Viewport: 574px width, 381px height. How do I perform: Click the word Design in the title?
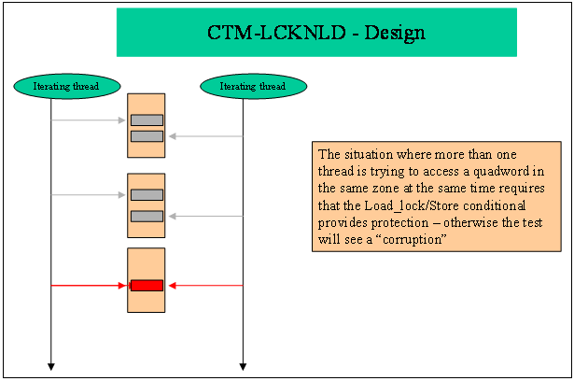pyautogui.click(x=395, y=34)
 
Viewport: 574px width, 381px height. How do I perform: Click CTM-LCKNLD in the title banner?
pyautogui.click(x=276, y=33)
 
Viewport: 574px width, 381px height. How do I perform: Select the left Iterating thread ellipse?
pyautogui.click(x=67, y=86)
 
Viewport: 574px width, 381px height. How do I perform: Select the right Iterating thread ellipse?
pyautogui.click(x=253, y=86)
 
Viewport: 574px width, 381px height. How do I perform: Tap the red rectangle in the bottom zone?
pyautogui.click(x=147, y=286)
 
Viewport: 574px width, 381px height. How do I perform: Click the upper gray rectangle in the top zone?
pyautogui.click(x=147, y=120)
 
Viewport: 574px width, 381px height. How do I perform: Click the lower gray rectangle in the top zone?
pyautogui.click(x=147, y=136)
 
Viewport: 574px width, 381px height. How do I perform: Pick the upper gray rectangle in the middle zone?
pyautogui.click(x=147, y=195)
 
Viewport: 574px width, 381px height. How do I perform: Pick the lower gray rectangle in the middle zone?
pyautogui.click(x=147, y=216)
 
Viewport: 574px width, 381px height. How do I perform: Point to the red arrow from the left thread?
pyautogui.click(x=89, y=286)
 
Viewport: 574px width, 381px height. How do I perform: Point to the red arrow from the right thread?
pyautogui.click(x=205, y=286)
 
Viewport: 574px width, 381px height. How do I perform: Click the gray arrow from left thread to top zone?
pyautogui.click(x=89, y=120)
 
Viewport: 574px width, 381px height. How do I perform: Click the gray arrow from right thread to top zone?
pyautogui.click(x=205, y=136)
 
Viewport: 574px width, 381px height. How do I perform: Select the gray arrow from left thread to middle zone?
pyautogui.click(x=89, y=195)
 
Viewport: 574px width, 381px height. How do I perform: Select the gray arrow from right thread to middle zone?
pyautogui.click(x=205, y=216)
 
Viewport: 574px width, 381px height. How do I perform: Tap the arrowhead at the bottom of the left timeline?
pyautogui.click(x=51, y=367)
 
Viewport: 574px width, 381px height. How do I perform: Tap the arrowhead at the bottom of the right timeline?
pyautogui.click(x=243, y=367)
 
